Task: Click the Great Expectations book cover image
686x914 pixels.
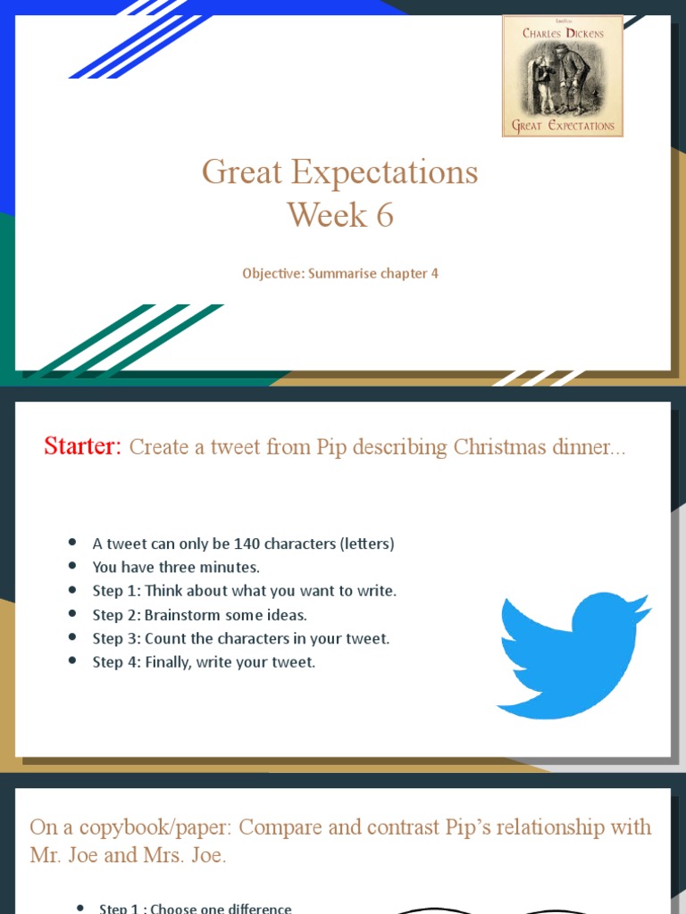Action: point(563,76)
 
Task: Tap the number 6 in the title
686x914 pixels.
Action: point(384,215)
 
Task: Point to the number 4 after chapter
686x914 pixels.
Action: point(434,273)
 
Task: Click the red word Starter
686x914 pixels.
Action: point(81,446)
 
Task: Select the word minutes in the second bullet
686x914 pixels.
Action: point(228,568)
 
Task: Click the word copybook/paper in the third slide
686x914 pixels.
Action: point(144,827)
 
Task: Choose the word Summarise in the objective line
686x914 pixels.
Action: point(340,273)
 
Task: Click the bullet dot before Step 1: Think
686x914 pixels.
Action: point(72,591)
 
